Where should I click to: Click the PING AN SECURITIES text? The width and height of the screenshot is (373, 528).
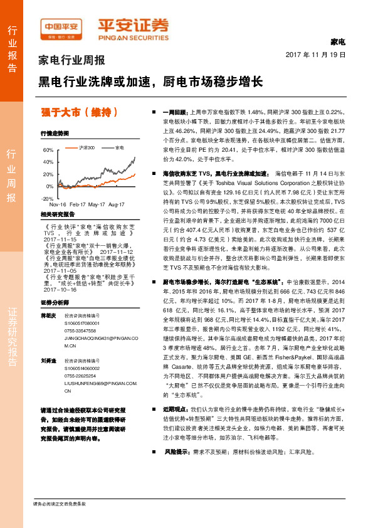click(x=133, y=36)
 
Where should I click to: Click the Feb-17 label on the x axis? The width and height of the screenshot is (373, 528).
click(x=77, y=204)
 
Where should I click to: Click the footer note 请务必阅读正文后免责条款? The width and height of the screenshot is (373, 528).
click(x=60, y=504)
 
